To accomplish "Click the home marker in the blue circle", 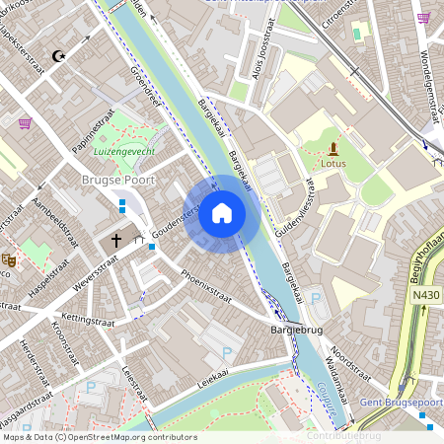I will tap(222, 213).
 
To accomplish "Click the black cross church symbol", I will tap(115, 240).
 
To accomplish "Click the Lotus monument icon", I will tap(333, 149).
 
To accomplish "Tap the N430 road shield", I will tap(426, 295).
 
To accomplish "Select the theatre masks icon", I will tap(9, 260).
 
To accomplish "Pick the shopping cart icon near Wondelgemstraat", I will tap(423, 17).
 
